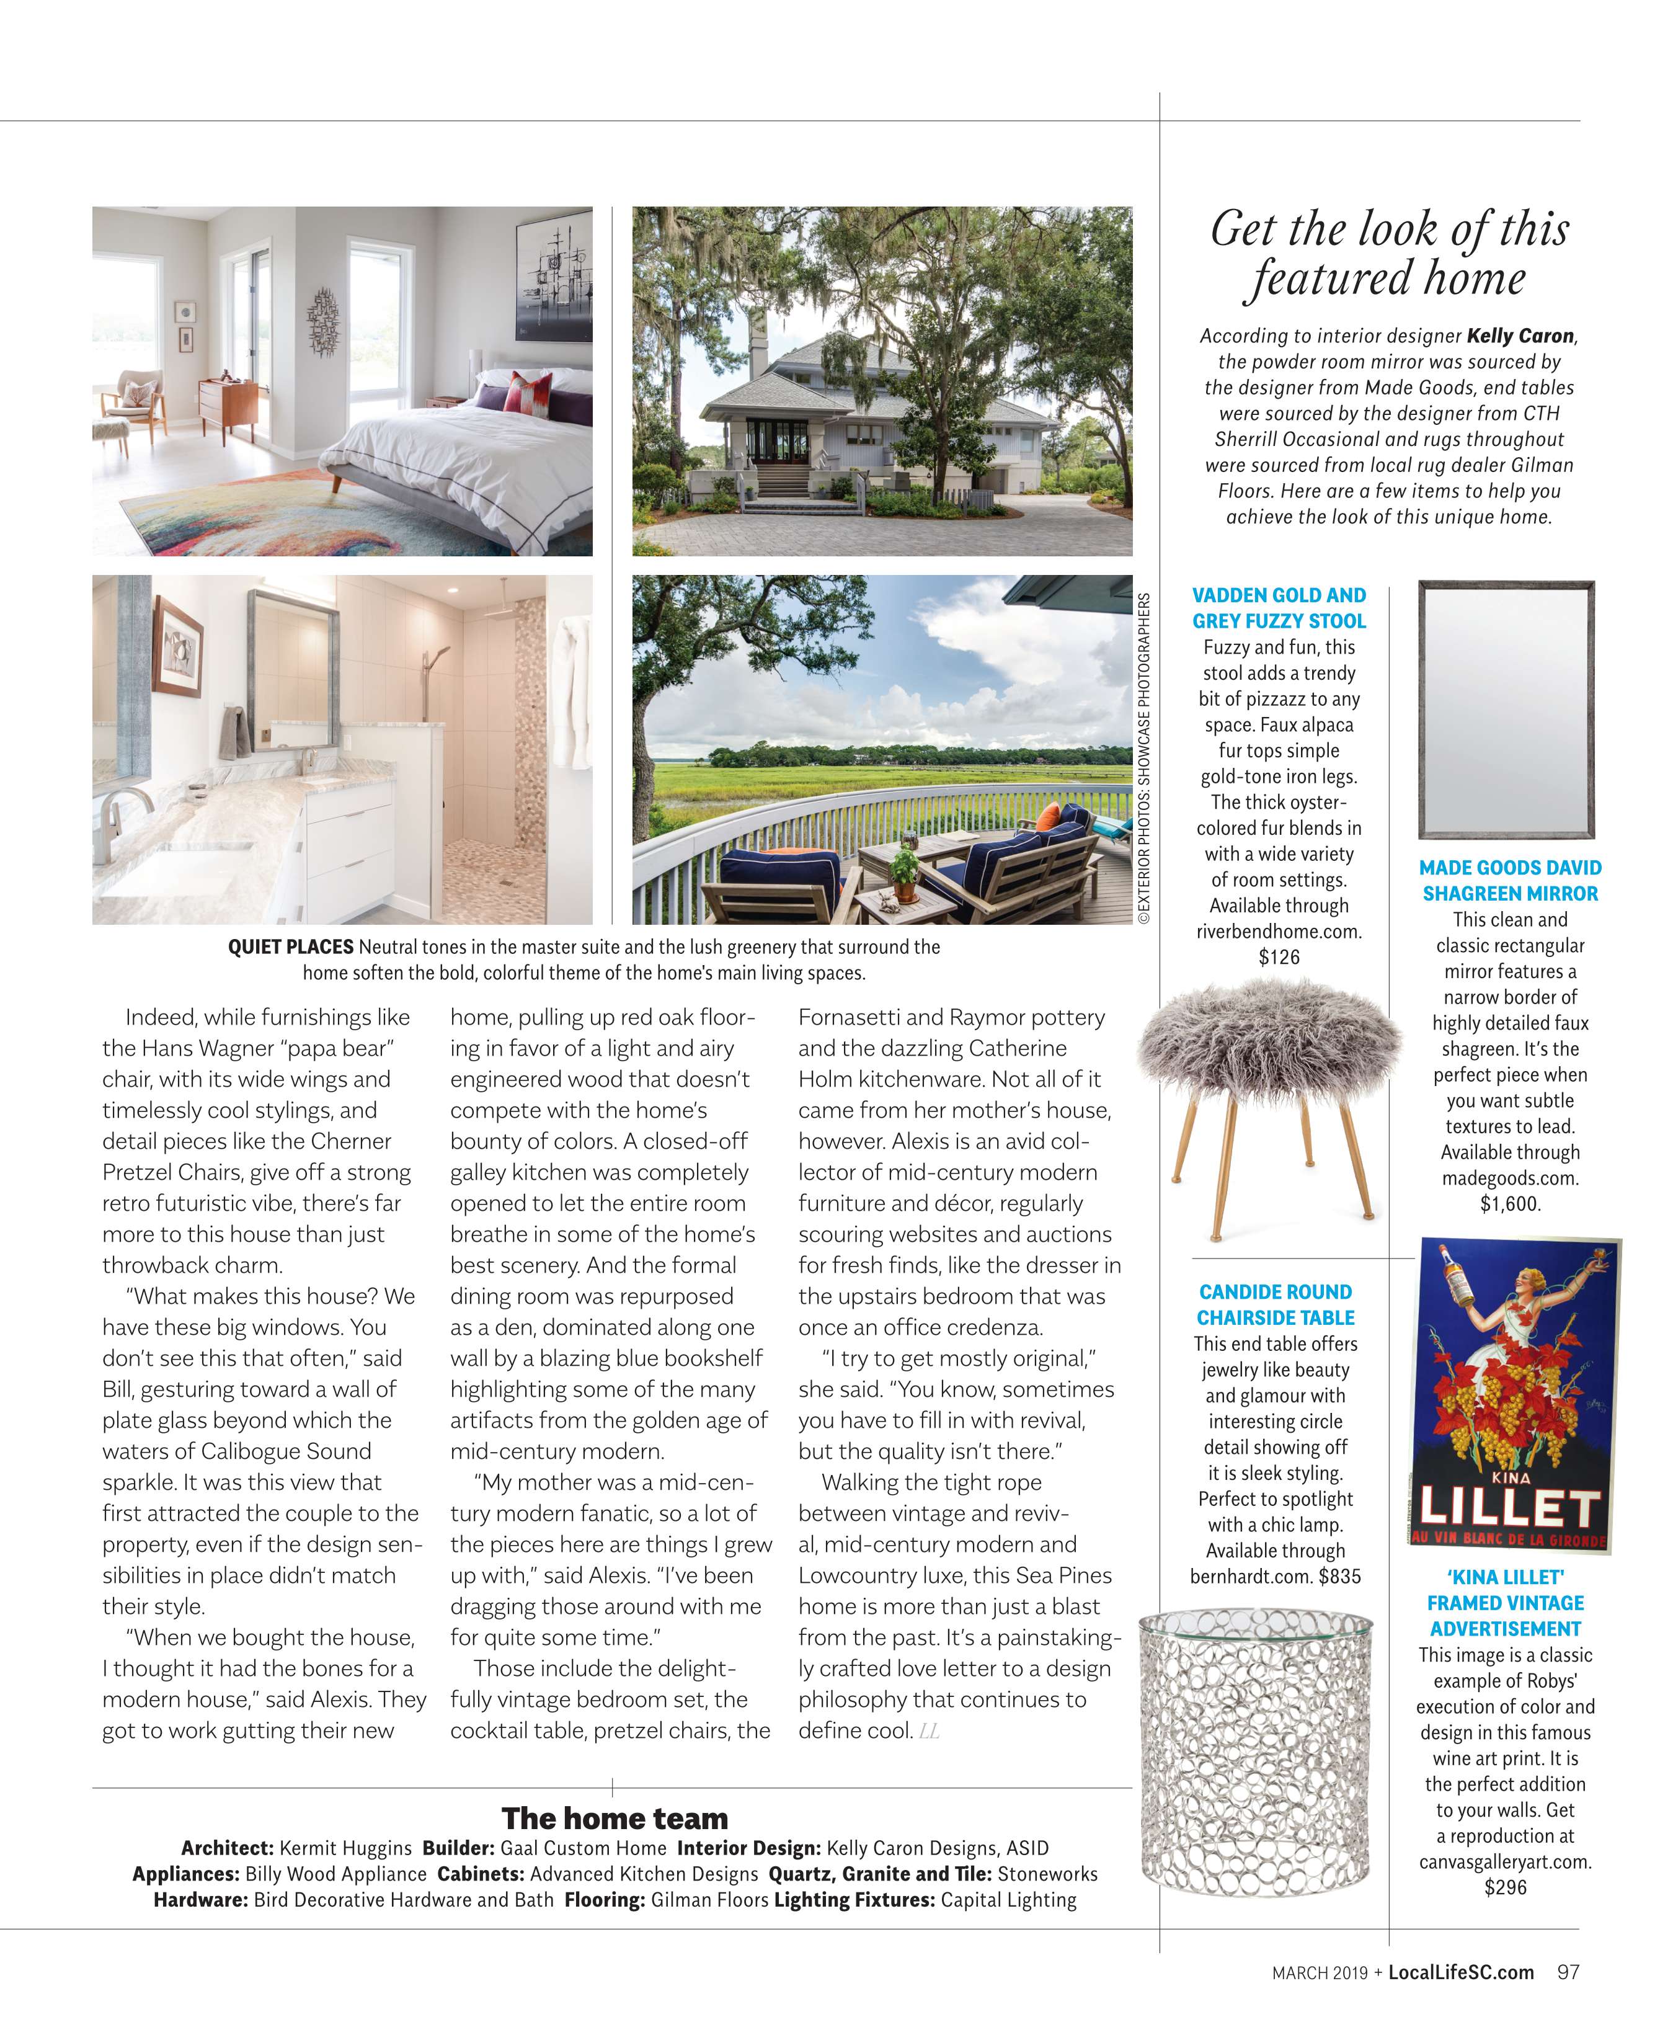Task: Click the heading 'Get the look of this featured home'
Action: [1389, 254]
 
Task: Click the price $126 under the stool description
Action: [1279, 957]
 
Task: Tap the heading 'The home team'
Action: [614, 1819]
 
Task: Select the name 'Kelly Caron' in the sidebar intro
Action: [1520, 336]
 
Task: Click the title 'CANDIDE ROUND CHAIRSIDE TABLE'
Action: [1276, 1304]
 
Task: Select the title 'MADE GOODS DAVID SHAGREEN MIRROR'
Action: [1509, 880]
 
